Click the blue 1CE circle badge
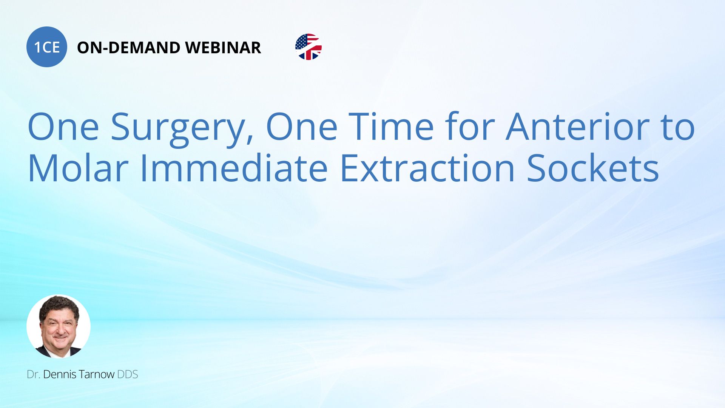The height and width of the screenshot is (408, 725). click(47, 47)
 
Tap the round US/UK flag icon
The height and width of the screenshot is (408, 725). click(309, 47)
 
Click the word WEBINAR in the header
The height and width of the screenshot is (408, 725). click(223, 48)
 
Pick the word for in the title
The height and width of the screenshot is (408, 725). click(470, 127)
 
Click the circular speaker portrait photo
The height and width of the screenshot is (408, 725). click(59, 326)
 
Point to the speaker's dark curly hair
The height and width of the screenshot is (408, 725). click(59, 305)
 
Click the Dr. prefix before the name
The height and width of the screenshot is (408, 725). click(34, 374)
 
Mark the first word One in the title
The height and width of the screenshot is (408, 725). click(63, 127)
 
